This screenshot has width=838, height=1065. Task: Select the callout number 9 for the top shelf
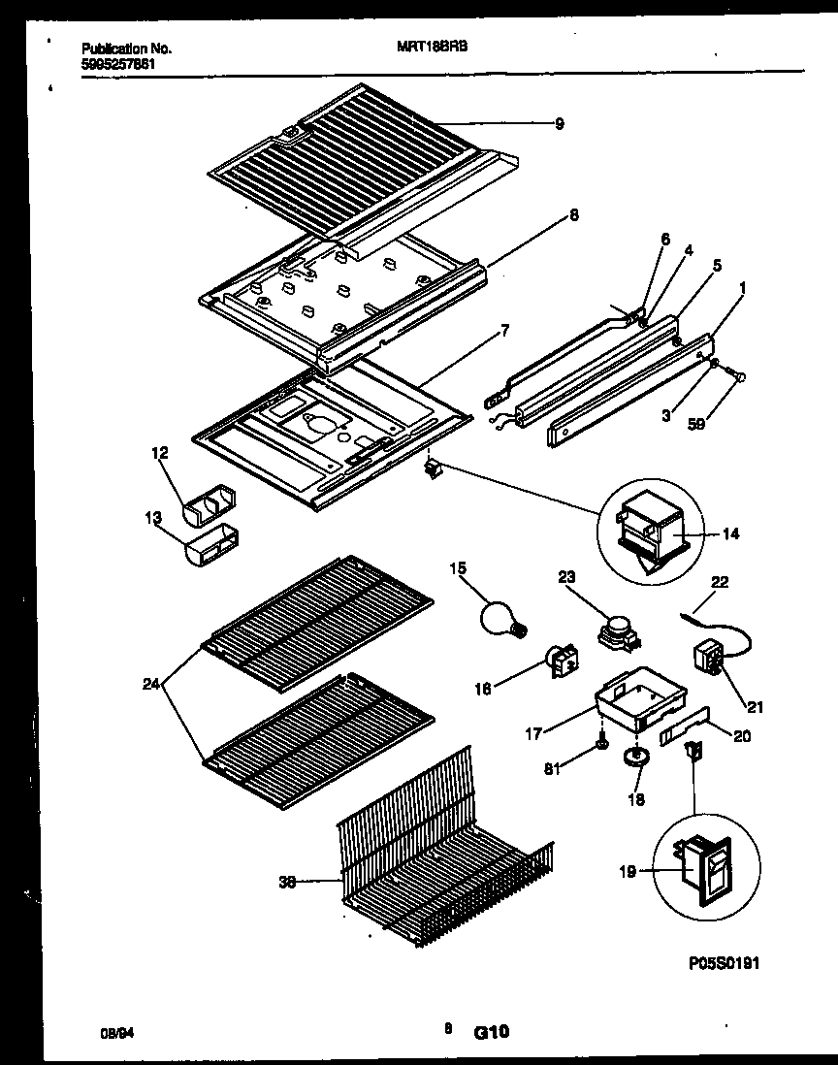pyautogui.click(x=559, y=124)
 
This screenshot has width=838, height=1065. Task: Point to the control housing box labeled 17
pyautogui.click(x=640, y=706)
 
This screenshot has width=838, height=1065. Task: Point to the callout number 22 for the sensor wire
pyautogui.click(x=720, y=582)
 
